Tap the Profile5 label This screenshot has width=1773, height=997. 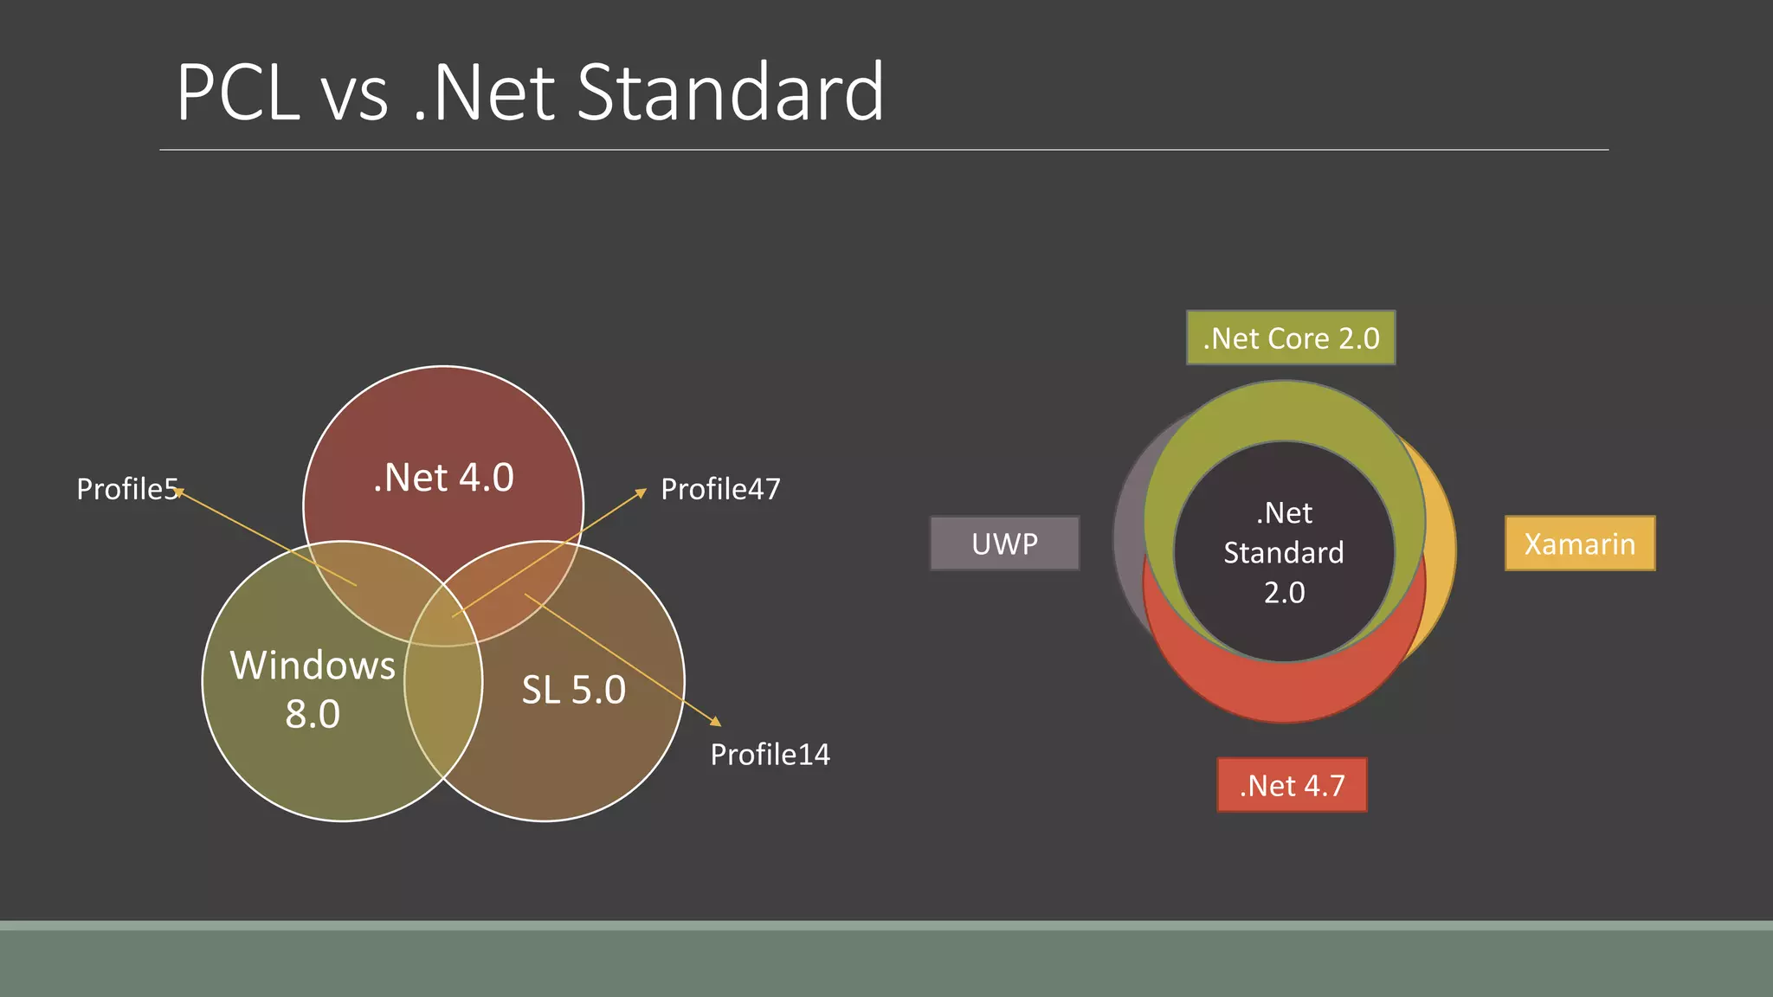(x=126, y=489)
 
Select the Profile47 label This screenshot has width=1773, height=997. (x=720, y=489)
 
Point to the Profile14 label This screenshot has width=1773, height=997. (x=770, y=755)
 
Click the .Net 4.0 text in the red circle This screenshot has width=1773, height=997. (x=443, y=478)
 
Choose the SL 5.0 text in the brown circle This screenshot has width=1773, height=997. (x=573, y=690)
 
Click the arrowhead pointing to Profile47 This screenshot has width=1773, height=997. (x=642, y=492)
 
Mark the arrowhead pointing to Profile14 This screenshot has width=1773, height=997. (x=716, y=721)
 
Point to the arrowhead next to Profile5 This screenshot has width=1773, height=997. (x=178, y=492)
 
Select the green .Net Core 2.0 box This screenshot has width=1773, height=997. (x=1290, y=338)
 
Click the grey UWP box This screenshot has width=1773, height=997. (x=1004, y=544)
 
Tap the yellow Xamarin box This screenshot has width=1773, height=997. (x=1579, y=544)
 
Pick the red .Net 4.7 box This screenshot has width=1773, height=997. (x=1291, y=785)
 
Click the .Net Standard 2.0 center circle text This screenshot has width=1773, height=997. (x=1284, y=552)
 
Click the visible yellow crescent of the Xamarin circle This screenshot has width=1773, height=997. (x=1441, y=554)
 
